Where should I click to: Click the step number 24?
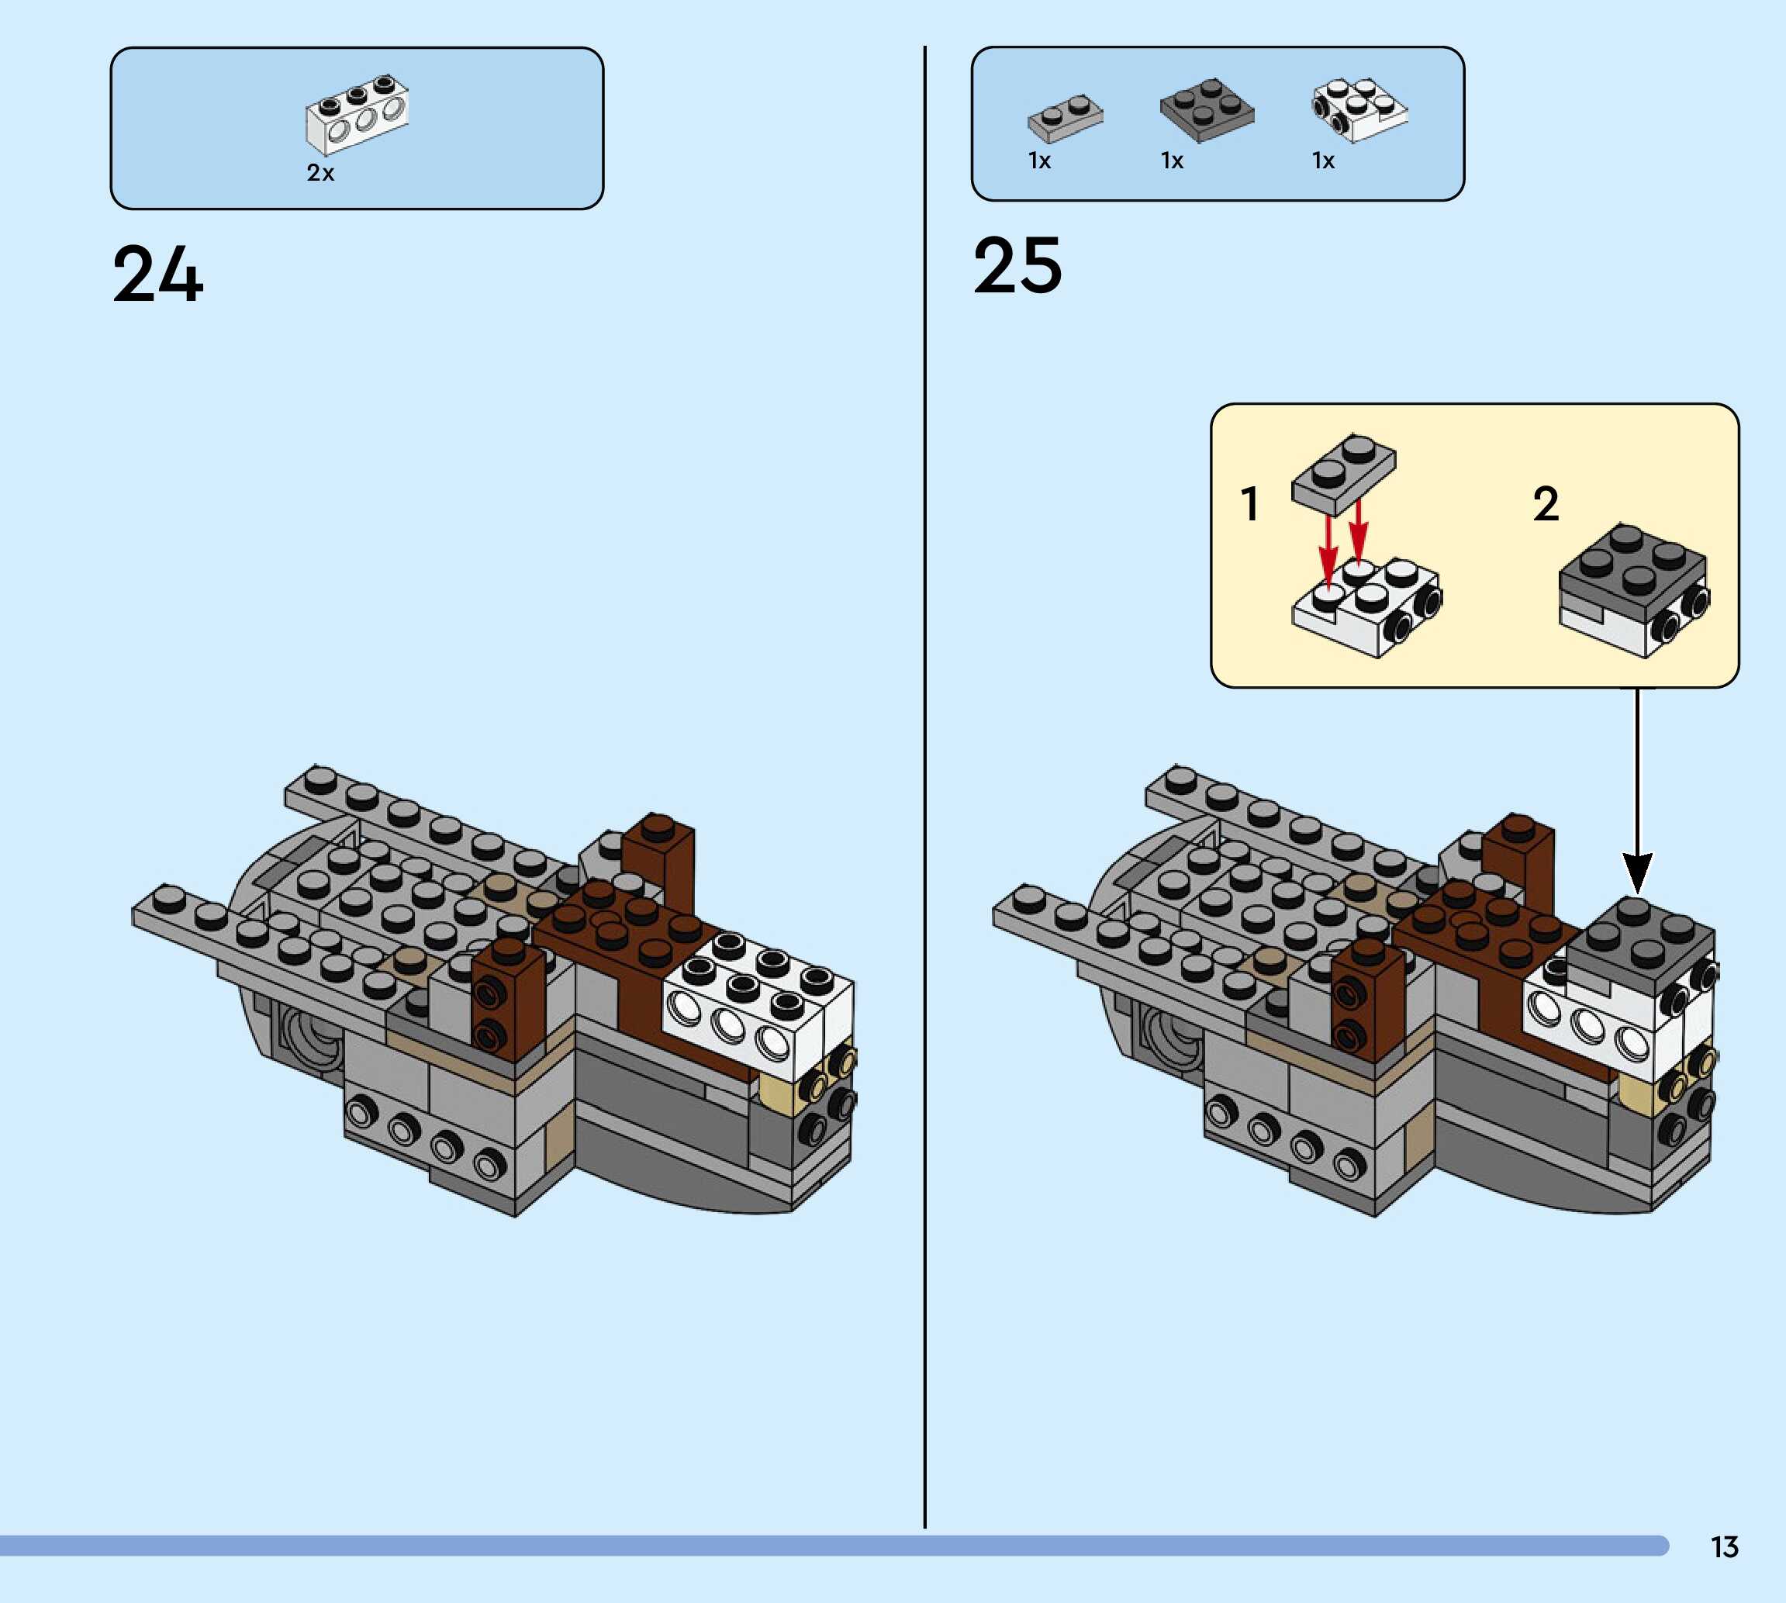157,275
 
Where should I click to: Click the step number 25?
1018,266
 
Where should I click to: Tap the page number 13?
1725,1546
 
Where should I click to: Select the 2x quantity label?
320,174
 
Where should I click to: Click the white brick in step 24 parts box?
357,115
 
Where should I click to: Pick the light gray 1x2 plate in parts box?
1065,117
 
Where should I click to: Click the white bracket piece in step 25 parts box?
1359,110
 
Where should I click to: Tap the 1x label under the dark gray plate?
1172,161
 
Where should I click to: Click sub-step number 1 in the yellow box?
1249,505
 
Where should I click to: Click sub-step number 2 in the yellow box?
1546,505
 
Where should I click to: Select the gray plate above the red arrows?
1344,474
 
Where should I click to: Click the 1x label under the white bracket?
1324,161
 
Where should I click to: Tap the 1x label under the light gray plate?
1040,161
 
